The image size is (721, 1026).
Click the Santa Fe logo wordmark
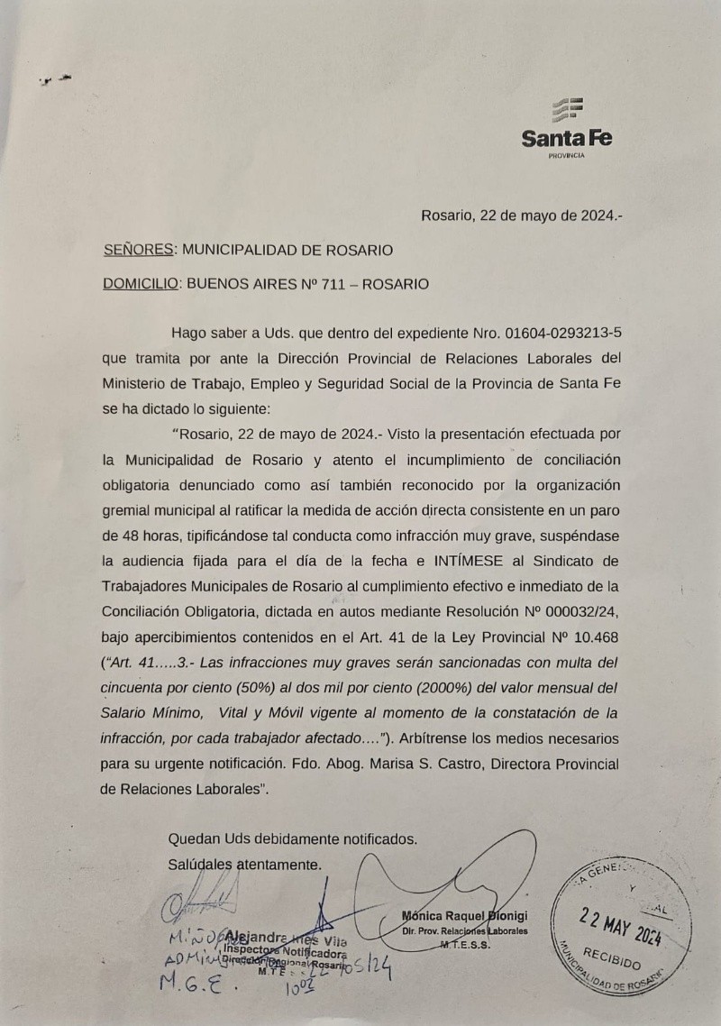pyautogui.click(x=566, y=139)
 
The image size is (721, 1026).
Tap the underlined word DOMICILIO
pyautogui.click(x=141, y=283)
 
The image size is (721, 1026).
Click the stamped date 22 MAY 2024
pyautogui.click(x=619, y=928)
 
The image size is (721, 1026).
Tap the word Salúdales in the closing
pyautogui.click(x=200, y=864)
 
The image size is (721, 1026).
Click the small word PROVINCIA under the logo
pyautogui.click(x=566, y=156)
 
